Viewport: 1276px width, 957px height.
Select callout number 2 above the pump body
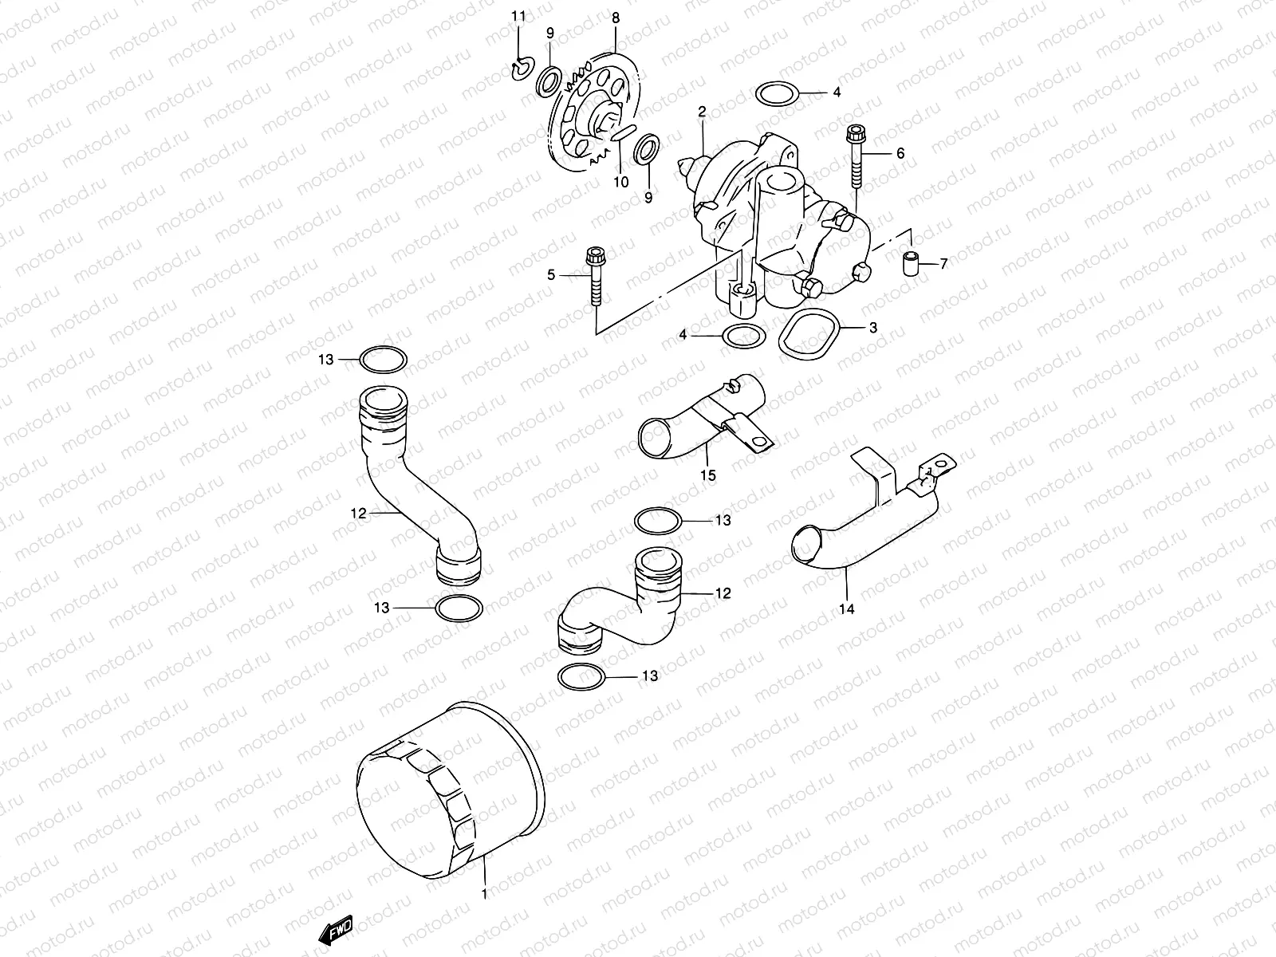coord(703,112)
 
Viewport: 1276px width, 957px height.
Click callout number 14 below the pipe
coord(847,609)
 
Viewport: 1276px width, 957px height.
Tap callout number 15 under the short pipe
coord(708,476)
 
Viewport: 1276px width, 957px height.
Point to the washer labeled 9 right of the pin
coord(648,148)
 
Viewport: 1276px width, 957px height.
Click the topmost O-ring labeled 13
coord(384,360)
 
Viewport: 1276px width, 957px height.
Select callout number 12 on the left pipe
coord(359,514)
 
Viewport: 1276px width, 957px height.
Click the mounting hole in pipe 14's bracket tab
coord(945,463)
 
